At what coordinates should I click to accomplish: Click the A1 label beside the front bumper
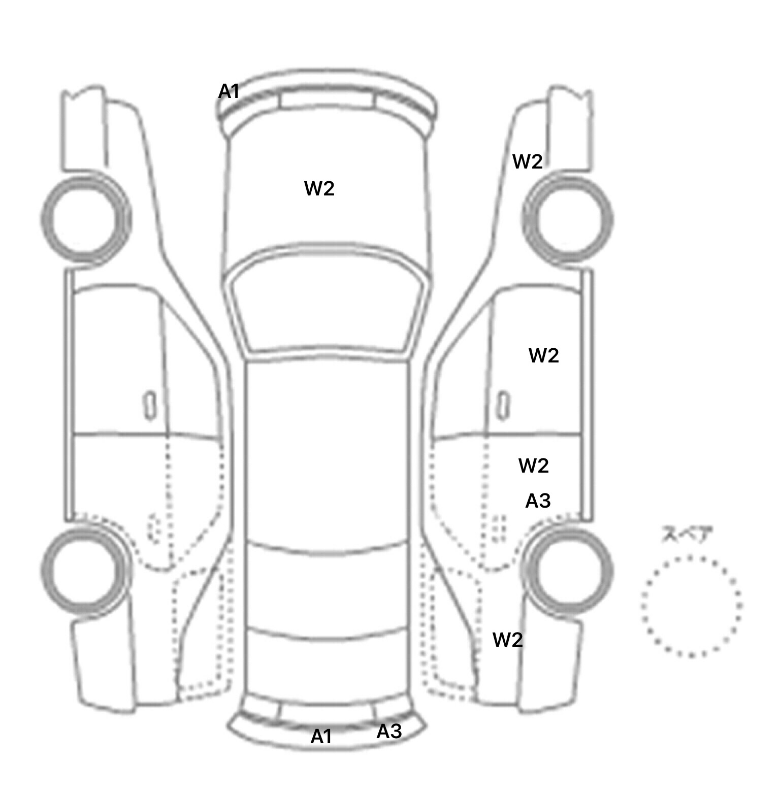[229, 92]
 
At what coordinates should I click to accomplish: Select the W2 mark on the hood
[319, 188]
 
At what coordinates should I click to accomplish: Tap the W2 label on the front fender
[528, 162]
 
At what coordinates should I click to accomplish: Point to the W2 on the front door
[544, 355]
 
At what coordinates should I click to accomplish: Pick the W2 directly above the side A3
[534, 466]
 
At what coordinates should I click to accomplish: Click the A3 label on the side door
[538, 501]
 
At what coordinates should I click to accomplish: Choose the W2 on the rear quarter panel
[508, 640]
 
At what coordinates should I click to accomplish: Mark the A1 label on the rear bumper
[321, 736]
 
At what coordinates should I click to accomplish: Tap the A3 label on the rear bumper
[389, 732]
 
